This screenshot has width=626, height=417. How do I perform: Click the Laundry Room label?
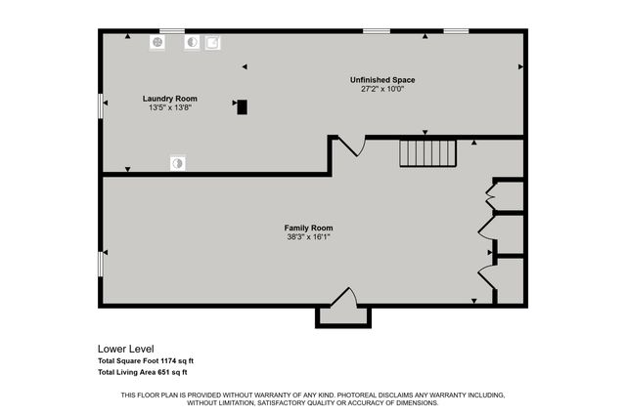169,99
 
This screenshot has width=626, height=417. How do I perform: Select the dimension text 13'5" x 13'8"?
169,107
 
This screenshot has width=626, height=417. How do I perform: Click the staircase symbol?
427,153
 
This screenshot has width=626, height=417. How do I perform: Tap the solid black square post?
242,106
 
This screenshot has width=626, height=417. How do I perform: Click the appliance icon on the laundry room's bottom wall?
177,163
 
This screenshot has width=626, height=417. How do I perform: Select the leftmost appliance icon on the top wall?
157,43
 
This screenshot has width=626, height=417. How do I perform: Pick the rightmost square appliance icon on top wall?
212,43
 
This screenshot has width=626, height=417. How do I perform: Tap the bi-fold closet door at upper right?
491,196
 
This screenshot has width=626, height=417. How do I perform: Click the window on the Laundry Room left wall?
101,106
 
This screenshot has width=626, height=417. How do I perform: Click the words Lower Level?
125,349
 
